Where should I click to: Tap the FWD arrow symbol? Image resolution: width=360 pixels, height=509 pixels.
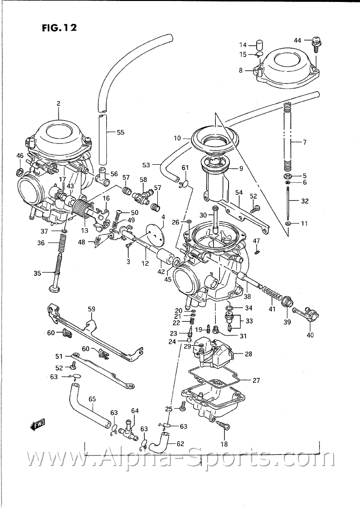coord(37,425)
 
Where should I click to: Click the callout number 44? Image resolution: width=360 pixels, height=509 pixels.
coord(298,39)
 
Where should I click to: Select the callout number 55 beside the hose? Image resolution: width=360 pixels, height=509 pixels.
coord(120,132)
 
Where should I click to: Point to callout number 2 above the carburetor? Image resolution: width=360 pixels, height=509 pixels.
coord(58,103)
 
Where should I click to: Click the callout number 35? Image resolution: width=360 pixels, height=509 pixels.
coord(37,274)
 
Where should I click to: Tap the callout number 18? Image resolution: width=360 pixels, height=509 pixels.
coord(224,444)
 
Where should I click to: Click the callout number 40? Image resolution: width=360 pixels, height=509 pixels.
coord(310,335)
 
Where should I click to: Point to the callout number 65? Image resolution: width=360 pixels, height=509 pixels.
coord(92,399)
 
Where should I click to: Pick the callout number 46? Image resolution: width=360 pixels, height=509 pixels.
coord(19,156)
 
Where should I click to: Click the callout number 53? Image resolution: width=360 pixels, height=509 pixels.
coord(146,164)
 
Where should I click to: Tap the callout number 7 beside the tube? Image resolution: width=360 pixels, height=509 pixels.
coord(304,142)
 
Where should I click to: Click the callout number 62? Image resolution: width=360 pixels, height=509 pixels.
coord(180,444)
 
